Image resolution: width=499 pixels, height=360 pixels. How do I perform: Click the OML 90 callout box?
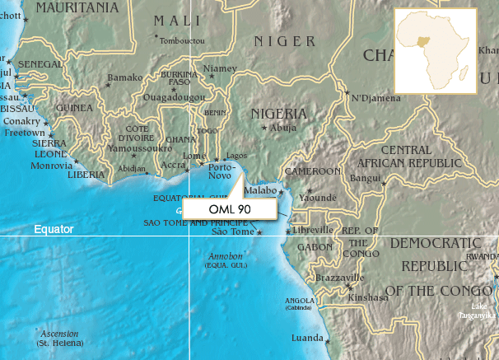click(230, 209)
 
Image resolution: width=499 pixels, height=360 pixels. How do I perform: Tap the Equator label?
click(54, 229)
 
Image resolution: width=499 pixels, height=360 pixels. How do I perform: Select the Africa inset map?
click(435, 51)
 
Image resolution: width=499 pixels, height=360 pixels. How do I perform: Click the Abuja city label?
click(282, 129)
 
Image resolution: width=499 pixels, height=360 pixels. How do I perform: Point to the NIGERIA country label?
click(278, 114)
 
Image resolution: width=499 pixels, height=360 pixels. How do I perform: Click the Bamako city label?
click(124, 77)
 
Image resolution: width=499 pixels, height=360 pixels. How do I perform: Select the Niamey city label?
click(220, 68)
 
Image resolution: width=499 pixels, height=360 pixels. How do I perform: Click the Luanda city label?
click(308, 339)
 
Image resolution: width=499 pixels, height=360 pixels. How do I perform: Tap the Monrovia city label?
click(52, 166)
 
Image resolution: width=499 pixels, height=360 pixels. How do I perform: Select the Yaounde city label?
click(318, 198)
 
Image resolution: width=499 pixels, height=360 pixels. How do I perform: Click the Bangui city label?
click(365, 178)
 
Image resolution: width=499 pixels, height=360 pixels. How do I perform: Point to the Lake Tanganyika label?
click(478, 311)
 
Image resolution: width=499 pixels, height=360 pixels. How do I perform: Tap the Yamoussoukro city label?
click(134, 150)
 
